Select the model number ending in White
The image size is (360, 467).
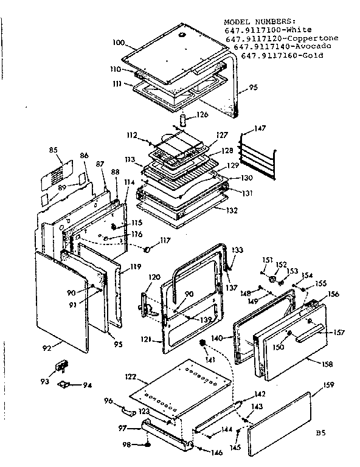click(x=268, y=30)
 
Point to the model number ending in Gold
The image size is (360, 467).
click(x=282, y=56)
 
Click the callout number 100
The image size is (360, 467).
click(x=119, y=43)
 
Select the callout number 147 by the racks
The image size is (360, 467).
click(x=260, y=129)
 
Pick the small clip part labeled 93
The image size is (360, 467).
click(x=61, y=365)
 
